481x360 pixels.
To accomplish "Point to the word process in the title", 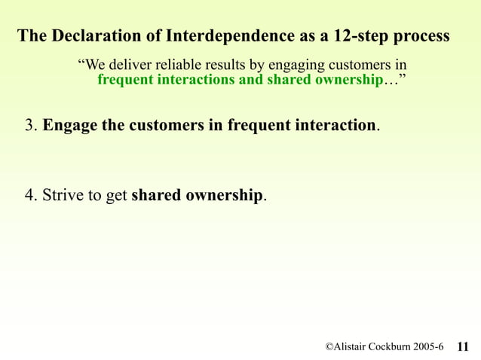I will click(422, 35).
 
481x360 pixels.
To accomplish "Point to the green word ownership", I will click(343, 80).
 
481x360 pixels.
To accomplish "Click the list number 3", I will click(29, 125).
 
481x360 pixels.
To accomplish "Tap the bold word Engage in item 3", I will click(69, 125).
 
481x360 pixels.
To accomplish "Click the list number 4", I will click(29, 196).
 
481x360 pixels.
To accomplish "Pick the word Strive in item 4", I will click(62, 196).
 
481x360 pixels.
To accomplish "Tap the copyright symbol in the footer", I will click(329, 346).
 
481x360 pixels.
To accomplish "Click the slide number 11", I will click(463, 346).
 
